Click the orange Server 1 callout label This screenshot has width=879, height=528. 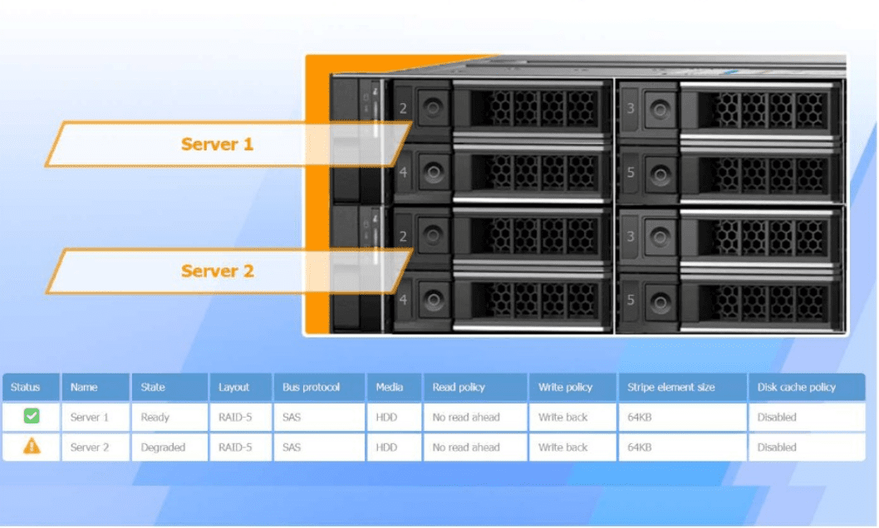coord(217,144)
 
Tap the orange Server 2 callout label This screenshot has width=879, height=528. coord(217,271)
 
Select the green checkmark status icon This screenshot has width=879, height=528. coord(32,417)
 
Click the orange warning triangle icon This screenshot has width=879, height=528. coord(32,447)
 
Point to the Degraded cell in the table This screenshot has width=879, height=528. coord(163,447)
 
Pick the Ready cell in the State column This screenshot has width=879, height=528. coord(155,418)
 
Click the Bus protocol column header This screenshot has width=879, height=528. coord(311,387)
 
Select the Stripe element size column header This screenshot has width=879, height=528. coord(670,387)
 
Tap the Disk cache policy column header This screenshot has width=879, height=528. coord(796,387)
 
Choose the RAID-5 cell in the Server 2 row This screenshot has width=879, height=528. coord(235,447)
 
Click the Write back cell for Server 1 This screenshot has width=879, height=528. coord(562,418)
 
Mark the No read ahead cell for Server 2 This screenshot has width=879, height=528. coord(466,447)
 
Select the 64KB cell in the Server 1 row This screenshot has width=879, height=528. coord(640,418)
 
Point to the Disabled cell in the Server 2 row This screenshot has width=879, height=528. coord(777,447)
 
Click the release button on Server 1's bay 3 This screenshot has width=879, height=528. coord(660,109)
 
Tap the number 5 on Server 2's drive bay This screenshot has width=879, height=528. coord(631,300)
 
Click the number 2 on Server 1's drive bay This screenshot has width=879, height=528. coord(404,108)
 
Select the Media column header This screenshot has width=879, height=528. coord(389,387)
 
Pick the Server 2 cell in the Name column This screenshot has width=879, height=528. coord(90,447)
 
